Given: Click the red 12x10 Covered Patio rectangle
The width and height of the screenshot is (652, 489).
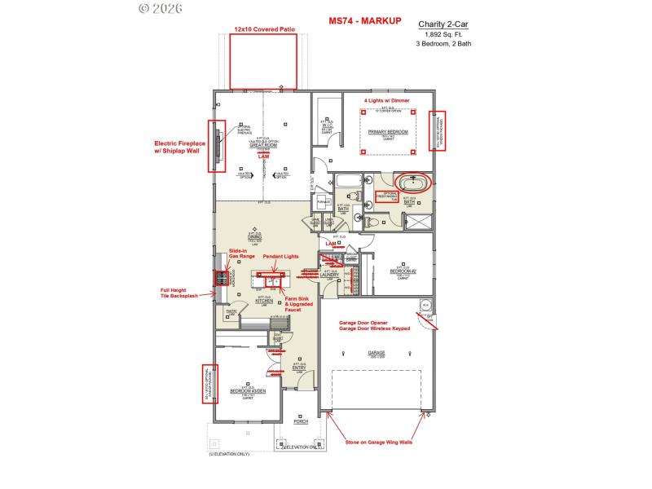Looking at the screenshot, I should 262,61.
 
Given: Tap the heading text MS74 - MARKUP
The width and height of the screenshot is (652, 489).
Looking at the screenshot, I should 364,20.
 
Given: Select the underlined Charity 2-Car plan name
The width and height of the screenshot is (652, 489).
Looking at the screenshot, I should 443,24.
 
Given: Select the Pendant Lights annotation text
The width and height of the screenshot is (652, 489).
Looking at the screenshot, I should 280,256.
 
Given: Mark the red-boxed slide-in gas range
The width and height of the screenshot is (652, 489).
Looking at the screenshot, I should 221,278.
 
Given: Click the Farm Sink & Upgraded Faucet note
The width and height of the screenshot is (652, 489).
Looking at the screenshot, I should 298,303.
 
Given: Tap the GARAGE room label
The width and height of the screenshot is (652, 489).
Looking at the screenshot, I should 376,353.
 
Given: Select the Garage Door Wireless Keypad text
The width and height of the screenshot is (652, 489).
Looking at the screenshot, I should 374,328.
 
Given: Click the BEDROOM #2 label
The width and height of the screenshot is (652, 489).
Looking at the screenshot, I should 403,270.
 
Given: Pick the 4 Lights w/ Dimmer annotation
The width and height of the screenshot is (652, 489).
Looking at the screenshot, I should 386,99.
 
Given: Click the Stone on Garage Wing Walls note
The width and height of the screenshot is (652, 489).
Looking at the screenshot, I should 378,442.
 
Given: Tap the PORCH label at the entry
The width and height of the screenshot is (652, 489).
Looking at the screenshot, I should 301,421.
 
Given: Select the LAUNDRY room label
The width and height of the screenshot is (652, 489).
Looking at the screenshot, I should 329,275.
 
